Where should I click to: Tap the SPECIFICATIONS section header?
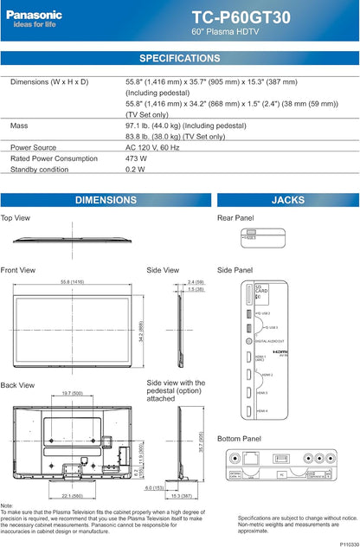(180, 58)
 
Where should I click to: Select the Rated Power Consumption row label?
(54, 158)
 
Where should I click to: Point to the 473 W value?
(137, 158)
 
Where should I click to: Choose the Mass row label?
(19, 125)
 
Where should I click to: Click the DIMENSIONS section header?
(106, 200)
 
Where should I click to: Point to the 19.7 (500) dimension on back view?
(72, 392)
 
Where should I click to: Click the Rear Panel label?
(235, 218)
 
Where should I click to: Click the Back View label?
(18, 384)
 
